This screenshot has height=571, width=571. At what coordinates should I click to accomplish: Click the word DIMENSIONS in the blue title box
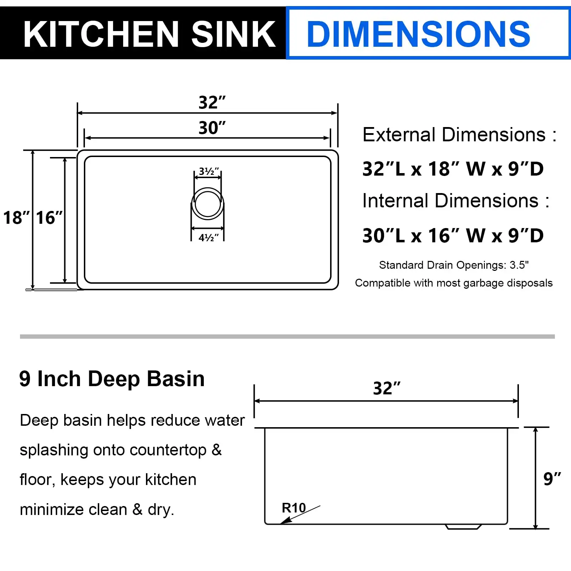(x=418, y=34)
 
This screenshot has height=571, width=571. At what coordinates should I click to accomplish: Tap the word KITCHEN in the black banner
(x=101, y=34)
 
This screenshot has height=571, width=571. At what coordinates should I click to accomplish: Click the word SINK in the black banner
(x=233, y=34)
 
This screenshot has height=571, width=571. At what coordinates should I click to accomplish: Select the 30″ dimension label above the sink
(x=212, y=128)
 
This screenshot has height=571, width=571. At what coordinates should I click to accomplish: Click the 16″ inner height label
(x=49, y=218)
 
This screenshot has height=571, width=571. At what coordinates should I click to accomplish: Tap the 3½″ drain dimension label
(x=209, y=171)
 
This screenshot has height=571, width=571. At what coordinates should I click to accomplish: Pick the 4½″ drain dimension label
(x=209, y=238)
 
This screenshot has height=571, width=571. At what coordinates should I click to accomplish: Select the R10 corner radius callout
(x=294, y=508)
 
